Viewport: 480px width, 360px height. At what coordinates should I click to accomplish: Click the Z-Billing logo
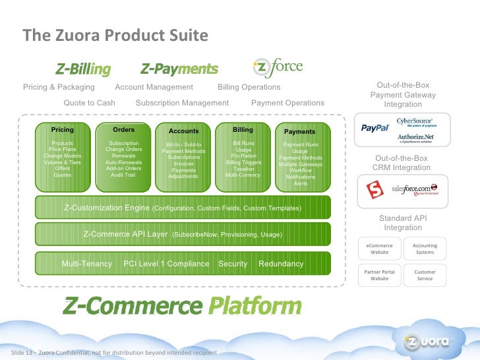pyautogui.click(x=82, y=69)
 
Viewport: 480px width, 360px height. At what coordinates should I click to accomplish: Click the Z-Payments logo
pyautogui.click(x=179, y=69)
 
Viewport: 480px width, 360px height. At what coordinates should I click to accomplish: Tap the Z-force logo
pyautogui.click(x=277, y=67)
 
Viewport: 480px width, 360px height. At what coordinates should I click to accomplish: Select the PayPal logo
pyautogui.click(x=375, y=128)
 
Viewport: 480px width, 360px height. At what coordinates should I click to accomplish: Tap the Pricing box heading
pyautogui.click(x=63, y=130)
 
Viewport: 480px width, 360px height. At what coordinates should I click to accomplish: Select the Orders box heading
pyautogui.click(x=123, y=130)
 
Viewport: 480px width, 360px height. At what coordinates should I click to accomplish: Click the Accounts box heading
pyautogui.click(x=183, y=131)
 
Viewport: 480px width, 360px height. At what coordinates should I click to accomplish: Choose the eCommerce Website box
pyautogui.click(x=380, y=249)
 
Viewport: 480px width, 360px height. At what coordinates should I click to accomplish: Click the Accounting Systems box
pyautogui.click(x=425, y=249)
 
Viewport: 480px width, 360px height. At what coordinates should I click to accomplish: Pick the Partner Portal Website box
pyautogui.click(x=380, y=275)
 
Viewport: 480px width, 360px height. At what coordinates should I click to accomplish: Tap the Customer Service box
pyautogui.click(x=425, y=275)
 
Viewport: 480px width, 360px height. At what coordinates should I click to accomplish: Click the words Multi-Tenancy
pyautogui.click(x=87, y=264)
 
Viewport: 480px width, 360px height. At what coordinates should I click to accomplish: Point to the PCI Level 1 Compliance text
pyautogui.click(x=166, y=264)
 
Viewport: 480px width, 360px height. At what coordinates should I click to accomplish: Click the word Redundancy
pyautogui.click(x=281, y=264)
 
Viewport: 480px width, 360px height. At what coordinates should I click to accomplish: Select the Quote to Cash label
pyautogui.click(x=89, y=103)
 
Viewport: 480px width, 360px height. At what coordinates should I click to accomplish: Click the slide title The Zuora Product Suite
pyautogui.click(x=115, y=36)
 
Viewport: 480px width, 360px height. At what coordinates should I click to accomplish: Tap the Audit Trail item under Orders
pyautogui.click(x=123, y=175)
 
